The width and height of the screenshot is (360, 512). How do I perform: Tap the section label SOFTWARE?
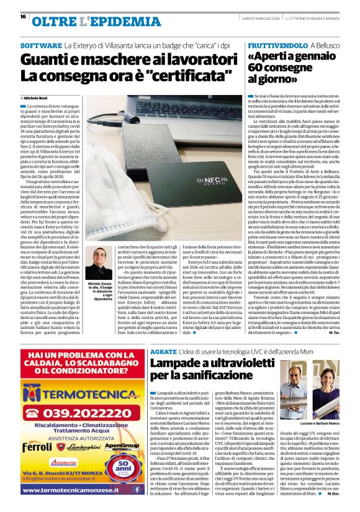[41, 47]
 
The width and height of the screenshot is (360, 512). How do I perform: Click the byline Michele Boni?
[38, 98]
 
